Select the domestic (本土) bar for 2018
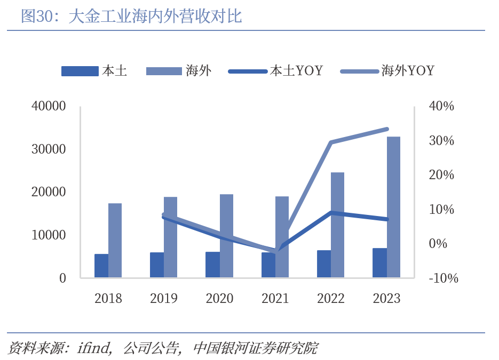click(x=101, y=266)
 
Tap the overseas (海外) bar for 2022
click(x=338, y=225)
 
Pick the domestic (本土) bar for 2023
click(x=379, y=263)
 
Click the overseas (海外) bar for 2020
click(x=226, y=236)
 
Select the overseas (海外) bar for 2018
click(x=115, y=240)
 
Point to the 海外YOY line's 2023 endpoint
click(x=387, y=129)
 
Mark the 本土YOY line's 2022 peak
click(x=331, y=212)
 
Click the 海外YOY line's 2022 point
click(x=331, y=142)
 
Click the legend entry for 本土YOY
click(x=275, y=70)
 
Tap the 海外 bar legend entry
click(x=179, y=70)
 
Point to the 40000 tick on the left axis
click(x=49, y=106)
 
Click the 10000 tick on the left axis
click(x=49, y=235)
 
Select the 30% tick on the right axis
click(x=441, y=141)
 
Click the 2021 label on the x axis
click(x=275, y=298)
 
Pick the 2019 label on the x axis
click(x=164, y=298)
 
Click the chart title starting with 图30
click(x=131, y=16)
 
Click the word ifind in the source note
click(x=93, y=348)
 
